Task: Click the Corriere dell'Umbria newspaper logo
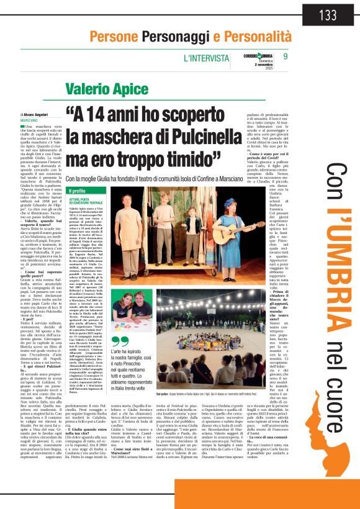pos(259,58)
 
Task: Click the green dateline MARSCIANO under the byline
pos(29,120)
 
